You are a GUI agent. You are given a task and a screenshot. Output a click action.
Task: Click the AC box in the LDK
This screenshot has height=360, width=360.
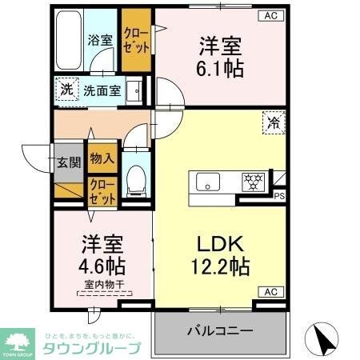(269, 291)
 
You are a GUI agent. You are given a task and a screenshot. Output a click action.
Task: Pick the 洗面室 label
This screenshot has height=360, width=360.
(103, 90)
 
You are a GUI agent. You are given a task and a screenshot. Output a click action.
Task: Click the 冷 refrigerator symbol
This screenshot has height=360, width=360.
(274, 122)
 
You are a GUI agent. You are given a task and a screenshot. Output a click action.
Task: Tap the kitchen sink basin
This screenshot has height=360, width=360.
(210, 182)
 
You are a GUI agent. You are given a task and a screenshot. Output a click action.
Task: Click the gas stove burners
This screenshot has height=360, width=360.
(254, 181)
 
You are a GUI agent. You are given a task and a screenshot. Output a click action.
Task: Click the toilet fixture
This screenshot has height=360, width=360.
(135, 177)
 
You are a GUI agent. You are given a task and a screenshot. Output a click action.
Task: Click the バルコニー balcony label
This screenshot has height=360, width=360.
(220, 330)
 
